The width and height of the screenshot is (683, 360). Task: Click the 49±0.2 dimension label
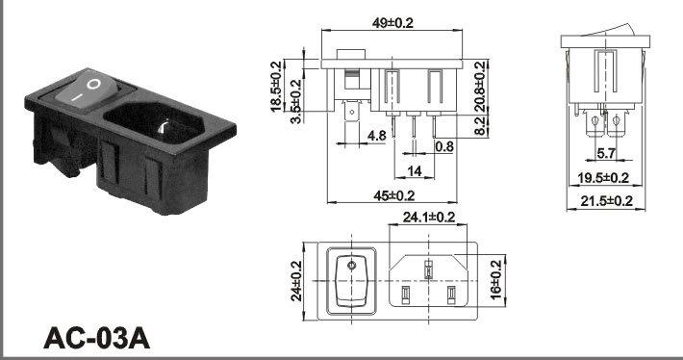(392, 22)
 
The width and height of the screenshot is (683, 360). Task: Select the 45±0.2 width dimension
(393, 196)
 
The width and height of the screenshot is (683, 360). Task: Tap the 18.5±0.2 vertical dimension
(276, 87)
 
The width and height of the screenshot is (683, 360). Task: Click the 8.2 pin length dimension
(480, 126)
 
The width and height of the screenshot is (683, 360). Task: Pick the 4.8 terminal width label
(377, 136)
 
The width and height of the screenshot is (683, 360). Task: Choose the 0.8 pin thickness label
(444, 146)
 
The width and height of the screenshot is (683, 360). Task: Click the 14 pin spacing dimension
(415, 171)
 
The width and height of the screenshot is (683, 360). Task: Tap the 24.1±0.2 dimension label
(429, 217)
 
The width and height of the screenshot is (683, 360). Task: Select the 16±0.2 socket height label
(496, 280)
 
